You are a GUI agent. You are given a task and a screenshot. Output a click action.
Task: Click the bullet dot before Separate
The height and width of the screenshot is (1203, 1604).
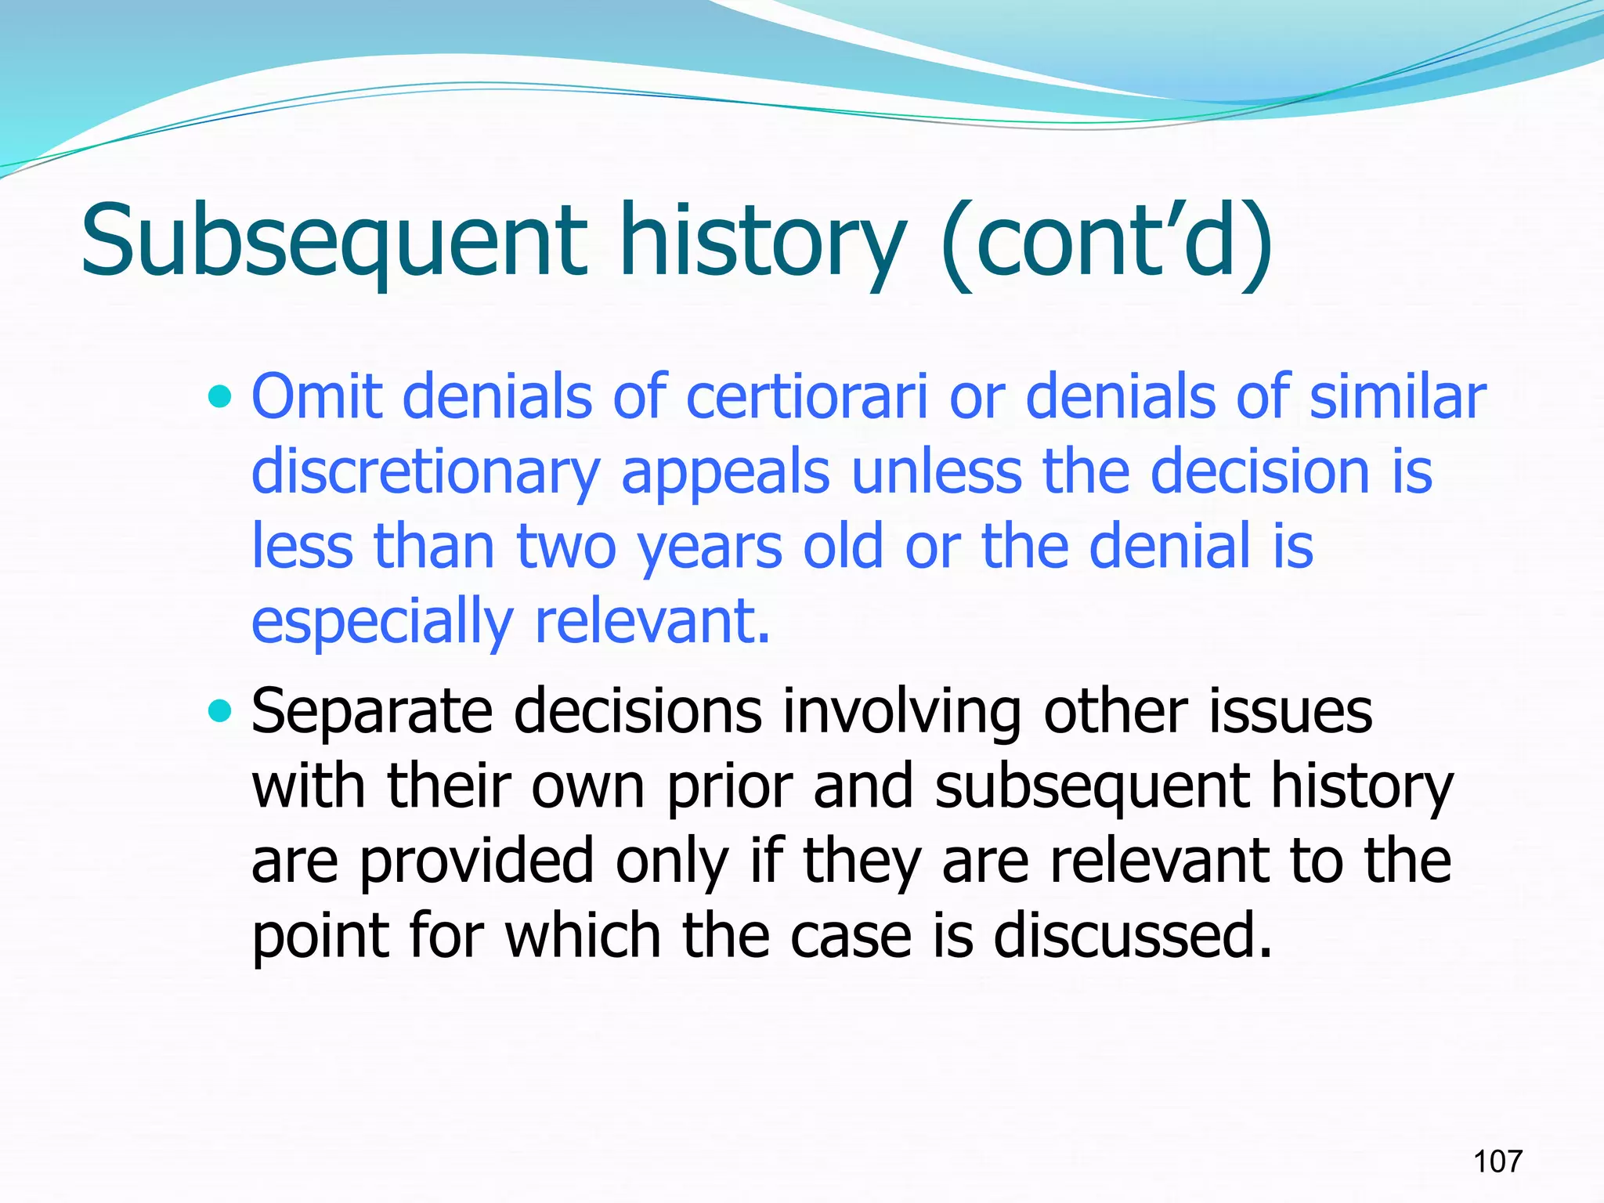coord(221,712)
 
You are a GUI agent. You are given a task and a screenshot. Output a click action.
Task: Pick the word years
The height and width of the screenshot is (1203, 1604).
coord(710,548)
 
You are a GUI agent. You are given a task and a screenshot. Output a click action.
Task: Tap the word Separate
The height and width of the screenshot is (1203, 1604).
coord(372,711)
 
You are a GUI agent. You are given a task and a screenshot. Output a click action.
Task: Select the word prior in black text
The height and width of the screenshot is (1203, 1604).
coord(729,786)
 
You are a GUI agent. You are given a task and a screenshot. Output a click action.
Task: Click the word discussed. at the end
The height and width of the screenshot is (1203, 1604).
coord(1133,935)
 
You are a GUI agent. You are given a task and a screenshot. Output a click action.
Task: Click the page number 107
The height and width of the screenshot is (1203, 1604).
coord(1497,1161)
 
